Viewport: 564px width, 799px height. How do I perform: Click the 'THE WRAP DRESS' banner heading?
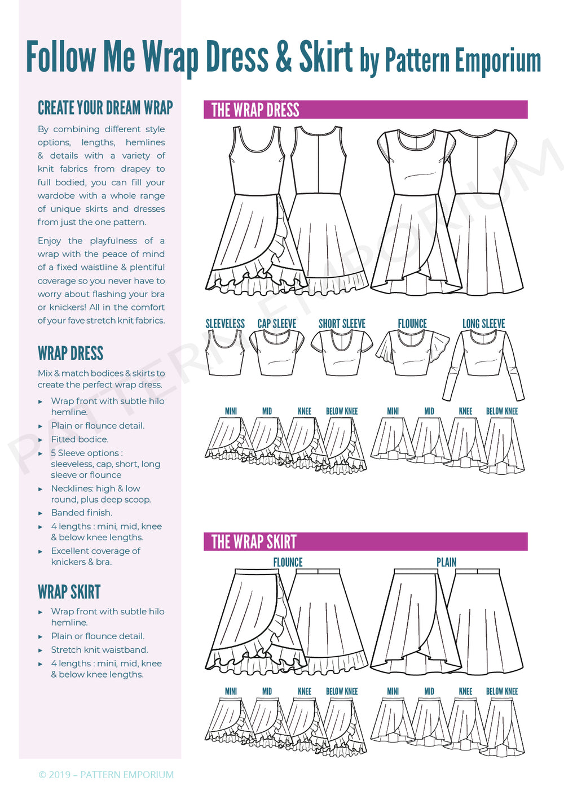coord(255,110)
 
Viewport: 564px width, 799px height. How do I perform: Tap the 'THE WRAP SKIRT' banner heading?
coord(253,542)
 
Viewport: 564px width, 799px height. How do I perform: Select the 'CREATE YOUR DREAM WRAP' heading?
coord(105,108)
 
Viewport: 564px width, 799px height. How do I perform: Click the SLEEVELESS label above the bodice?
coord(225,324)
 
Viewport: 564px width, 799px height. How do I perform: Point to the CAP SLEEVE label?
coord(276,324)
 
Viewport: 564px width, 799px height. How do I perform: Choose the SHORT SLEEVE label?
coord(342,324)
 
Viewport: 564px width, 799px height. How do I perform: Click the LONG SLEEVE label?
coord(483,324)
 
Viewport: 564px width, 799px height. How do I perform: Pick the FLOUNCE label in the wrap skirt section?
coord(288,562)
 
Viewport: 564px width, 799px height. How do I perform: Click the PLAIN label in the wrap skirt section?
coord(446,562)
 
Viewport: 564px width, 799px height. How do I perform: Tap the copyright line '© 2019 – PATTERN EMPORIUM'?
coord(106,775)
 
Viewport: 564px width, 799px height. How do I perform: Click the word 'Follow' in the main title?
coord(61,58)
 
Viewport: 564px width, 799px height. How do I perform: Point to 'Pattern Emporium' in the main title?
coord(462,61)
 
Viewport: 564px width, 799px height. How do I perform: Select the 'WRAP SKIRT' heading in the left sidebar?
coord(69,592)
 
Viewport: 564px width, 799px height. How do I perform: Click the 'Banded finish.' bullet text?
coord(82,513)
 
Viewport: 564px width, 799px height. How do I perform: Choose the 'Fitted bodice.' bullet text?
coord(80,439)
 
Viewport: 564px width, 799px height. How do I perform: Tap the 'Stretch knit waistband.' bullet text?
coord(99,650)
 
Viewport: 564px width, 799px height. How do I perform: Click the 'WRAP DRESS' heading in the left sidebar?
coord(70,353)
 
